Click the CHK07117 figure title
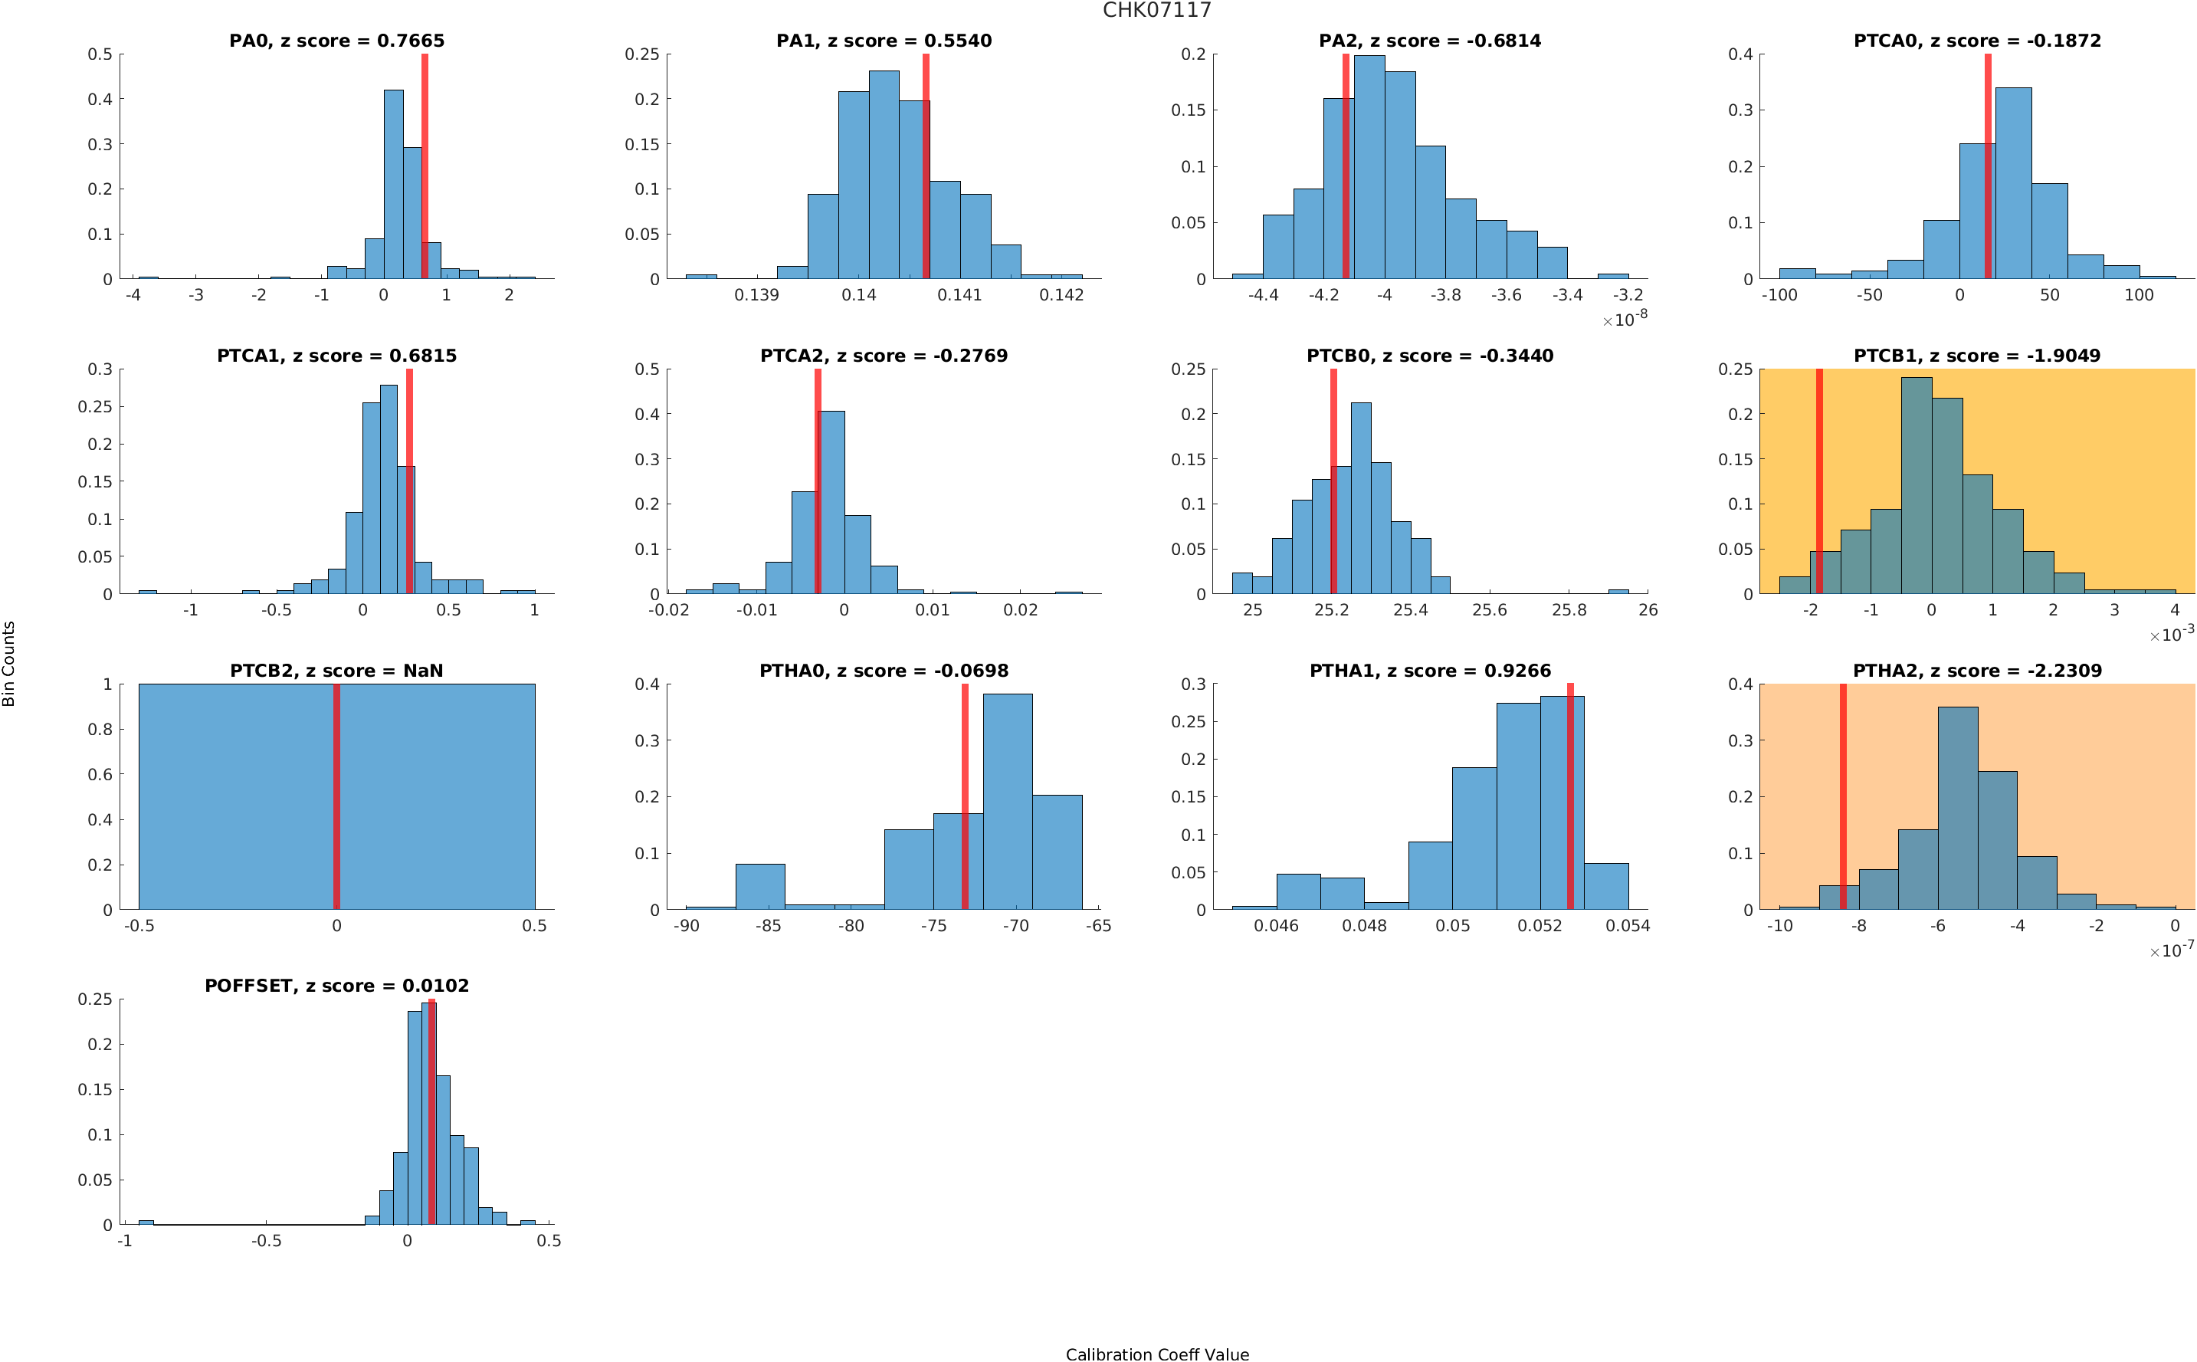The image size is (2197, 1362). pyautogui.click(x=1156, y=11)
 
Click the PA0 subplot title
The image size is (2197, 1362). pyautogui.click(x=336, y=41)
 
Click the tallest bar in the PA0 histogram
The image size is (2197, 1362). pyautogui.click(x=393, y=184)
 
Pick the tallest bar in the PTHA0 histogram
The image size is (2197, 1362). pyautogui.click(x=1007, y=801)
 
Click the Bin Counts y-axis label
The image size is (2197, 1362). pyautogui.click(x=9, y=663)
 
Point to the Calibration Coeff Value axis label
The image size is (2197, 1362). pyautogui.click(x=1156, y=1353)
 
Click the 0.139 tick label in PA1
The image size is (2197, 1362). pyautogui.click(x=756, y=295)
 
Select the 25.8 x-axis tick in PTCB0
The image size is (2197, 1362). pyautogui.click(x=1569, y=611)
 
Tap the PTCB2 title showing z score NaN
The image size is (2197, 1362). pyautogui.click(x=336, y=671)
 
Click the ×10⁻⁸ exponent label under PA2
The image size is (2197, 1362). pyautogui.click(x=1625, y=319)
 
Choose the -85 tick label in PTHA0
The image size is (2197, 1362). pyautogui.click(x=768, y=926)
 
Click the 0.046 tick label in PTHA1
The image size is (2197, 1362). pyautogui.click(x=1276, y=926)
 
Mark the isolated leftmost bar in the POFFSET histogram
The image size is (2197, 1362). pyautogui.click(x=146, y=1223)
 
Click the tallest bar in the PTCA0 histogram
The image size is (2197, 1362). pyautogui.click(x=2012, y=183)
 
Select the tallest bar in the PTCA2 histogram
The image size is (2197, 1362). pyautogui.click(x=831, y=502)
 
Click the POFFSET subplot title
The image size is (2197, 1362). pyautogui.click(x=336, y=986)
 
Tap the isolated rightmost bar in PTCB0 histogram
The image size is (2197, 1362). pyautogui.click(x=1617, y=592)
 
